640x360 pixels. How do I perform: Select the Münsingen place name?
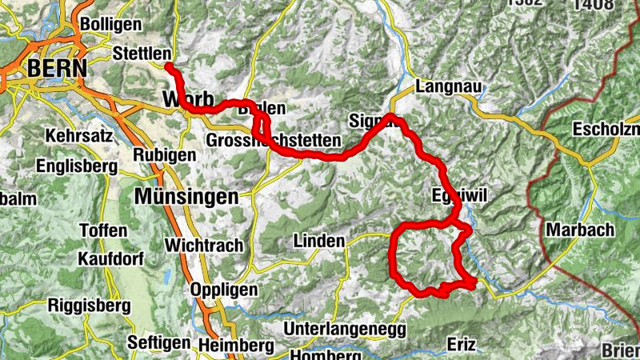point(186,196)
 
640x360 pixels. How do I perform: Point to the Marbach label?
point(580,230)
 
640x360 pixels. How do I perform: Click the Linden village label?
point(318,241)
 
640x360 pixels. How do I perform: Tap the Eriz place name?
point(462,344)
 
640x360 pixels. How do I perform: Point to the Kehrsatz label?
point(79,135)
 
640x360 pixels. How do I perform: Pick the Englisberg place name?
point(77,166)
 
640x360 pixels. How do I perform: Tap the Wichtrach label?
point(203,245)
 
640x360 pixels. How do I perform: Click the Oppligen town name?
point(225,290)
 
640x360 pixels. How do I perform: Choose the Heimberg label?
point(234,345)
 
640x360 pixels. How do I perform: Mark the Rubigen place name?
point(165,154)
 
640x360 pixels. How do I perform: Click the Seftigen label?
point(159,342)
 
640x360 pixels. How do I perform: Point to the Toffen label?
point(103,230)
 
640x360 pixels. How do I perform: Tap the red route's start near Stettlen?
point(170,66)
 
